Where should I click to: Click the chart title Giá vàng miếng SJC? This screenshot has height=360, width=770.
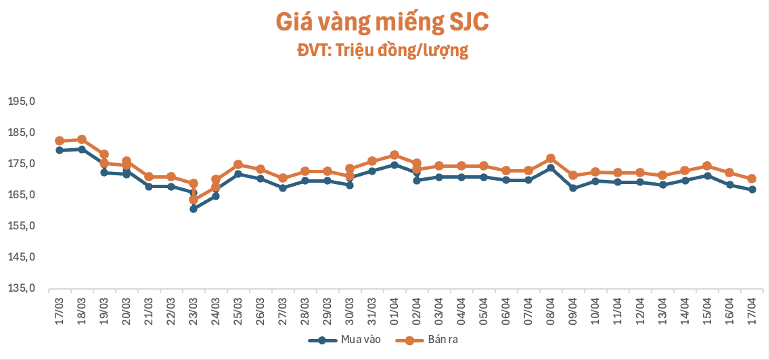382,22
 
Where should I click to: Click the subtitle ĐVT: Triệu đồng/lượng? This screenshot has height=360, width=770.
382,51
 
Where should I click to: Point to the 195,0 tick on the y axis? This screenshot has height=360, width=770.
21,102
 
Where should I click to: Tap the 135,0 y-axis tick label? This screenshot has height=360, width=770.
21,288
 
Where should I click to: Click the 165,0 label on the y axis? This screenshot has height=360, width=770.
21,195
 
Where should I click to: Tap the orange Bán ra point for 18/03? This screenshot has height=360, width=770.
82,139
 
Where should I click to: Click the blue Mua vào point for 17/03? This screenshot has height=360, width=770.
60,150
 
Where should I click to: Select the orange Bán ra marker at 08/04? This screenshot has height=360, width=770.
550,158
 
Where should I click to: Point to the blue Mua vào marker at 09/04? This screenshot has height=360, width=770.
572,188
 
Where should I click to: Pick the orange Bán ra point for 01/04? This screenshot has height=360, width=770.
394,155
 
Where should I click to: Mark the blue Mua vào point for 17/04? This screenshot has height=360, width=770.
751,189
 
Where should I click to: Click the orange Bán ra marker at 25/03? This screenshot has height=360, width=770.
238,164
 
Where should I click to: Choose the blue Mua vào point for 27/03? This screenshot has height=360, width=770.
283,187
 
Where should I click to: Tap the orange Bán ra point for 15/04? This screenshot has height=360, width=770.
706,166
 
